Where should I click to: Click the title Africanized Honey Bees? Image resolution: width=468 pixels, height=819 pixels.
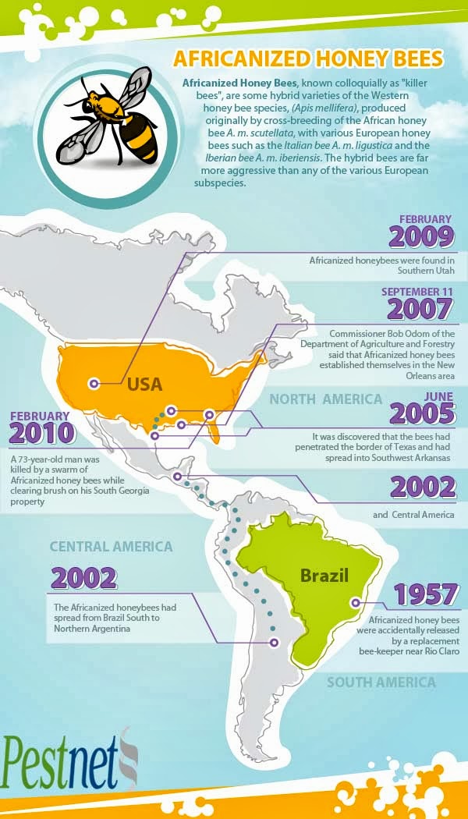point(308,59)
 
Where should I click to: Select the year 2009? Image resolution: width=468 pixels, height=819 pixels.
point(422,236)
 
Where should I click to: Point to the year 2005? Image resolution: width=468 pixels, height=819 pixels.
point(422,413)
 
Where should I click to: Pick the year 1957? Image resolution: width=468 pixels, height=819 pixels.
point(424,595)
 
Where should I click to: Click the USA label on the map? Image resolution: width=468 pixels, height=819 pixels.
point(144,384)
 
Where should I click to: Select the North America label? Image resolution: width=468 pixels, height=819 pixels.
point(325,399)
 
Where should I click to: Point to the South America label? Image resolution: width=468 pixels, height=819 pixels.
point(381,682)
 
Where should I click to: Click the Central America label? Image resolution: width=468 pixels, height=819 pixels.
point(111,547)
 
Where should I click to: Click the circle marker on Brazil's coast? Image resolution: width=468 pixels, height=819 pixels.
point(356,602)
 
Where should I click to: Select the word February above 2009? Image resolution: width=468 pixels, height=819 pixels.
point(426,219)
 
